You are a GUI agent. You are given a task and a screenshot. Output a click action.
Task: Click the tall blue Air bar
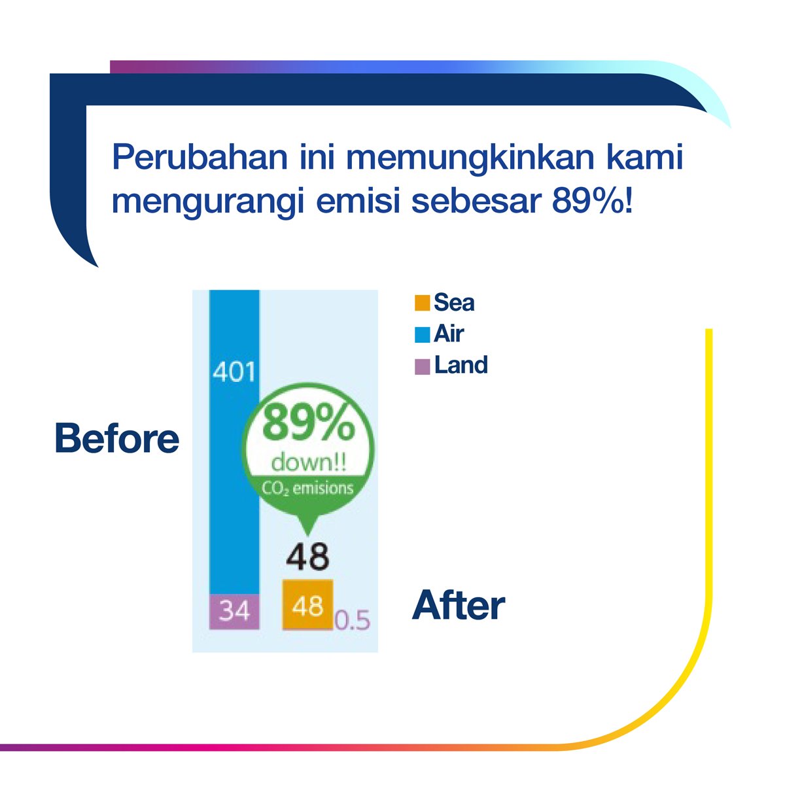234,471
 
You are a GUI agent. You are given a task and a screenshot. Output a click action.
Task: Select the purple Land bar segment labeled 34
234,611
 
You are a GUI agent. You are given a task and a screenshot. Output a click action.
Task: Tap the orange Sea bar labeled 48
307,606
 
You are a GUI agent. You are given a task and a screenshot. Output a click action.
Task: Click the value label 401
234,372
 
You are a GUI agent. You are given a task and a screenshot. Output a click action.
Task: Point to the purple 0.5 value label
353,620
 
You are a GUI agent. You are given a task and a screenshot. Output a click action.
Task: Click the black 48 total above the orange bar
307,557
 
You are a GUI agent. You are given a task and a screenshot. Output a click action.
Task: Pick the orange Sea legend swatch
423,303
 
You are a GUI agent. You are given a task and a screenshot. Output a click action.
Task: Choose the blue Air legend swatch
423,335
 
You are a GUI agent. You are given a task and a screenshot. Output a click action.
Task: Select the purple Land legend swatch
423,366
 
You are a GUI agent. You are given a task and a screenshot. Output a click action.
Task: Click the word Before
116,438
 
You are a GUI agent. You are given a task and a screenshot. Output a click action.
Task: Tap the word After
459,606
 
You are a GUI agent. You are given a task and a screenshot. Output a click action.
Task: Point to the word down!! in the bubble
308,463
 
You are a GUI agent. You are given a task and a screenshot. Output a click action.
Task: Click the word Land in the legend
461,365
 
